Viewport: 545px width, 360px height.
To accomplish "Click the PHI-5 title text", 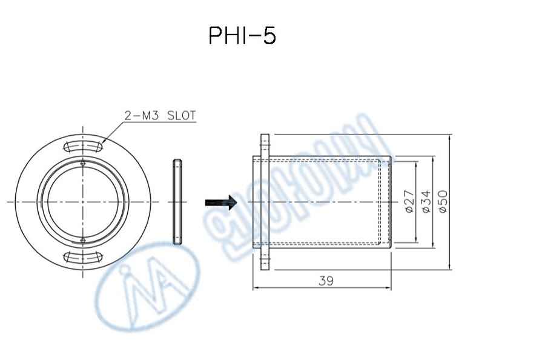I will pyautogui.click(x=242, y=36).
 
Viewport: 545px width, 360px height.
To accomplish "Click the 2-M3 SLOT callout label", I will pyautogui.click(x=160, y=116).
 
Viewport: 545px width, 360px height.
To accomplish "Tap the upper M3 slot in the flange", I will pyautogui.click(x=82, y=146).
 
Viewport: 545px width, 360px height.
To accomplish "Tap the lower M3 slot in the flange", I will pyautogui.click(x=82, y=256).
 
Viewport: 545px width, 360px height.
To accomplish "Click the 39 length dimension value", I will pyautogui.click(x=325, y=280).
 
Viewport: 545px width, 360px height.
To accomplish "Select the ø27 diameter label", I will pyautogui.click(x=409, y=201).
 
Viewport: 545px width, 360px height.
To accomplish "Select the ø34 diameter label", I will pyautogui.click(x=426, y=201).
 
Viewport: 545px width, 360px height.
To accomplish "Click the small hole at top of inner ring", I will pyautogui.click(x=82, y=162).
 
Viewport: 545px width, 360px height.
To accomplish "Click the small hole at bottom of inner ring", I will pyautogui.click(x=82, y=240).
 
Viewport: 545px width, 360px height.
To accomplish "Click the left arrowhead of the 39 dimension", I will pyautogui.click(x=256, y=288).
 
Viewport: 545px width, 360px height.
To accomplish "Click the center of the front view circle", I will pyautogui.click(x=82, y=201).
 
